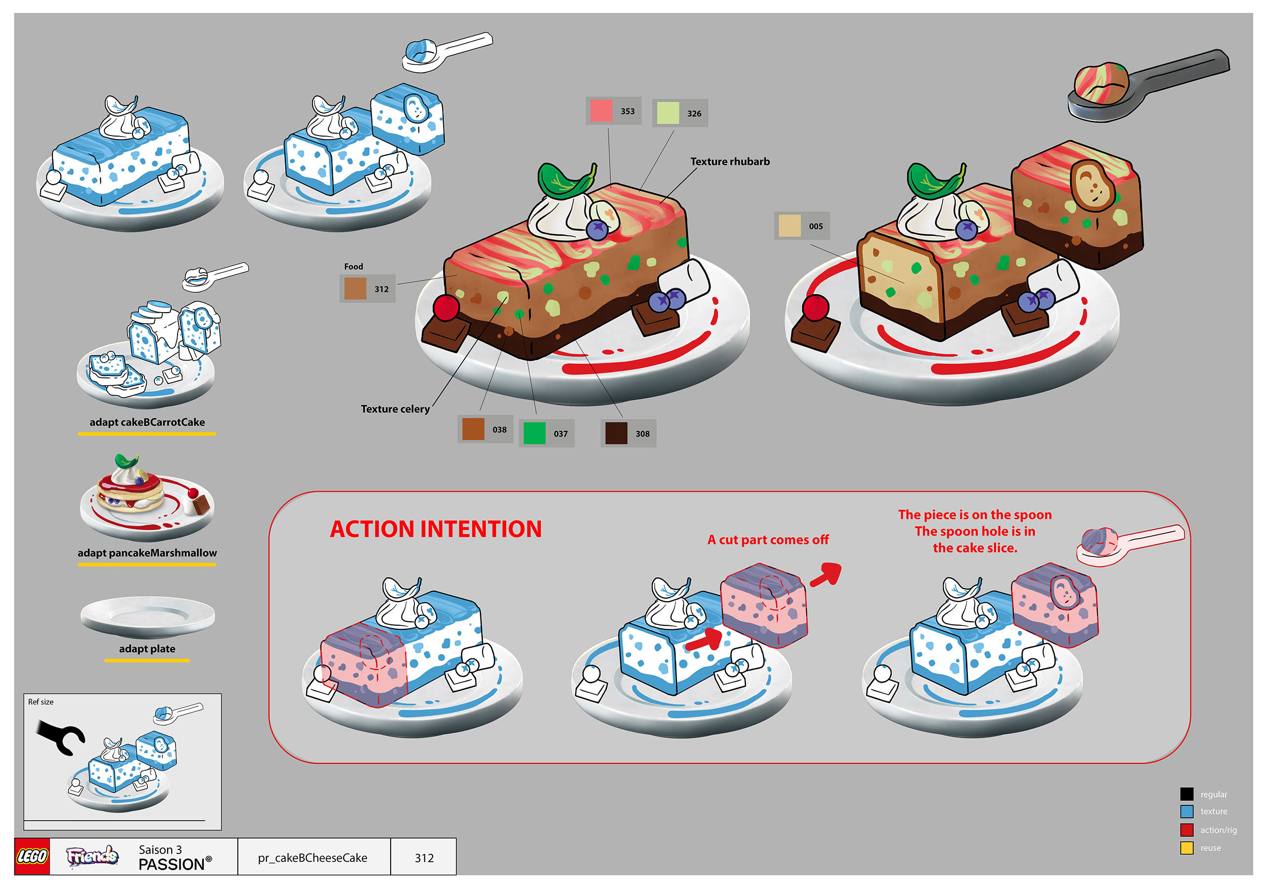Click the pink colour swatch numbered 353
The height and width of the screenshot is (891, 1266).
click(601, 110)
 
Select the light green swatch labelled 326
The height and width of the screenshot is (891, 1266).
click(668, 113)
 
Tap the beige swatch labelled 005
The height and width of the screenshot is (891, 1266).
click(789, 226)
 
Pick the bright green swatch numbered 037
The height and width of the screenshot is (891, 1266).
click(534, 433)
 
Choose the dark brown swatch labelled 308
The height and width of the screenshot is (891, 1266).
click(616, 433)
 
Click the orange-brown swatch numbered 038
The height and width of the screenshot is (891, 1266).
click(473, 428)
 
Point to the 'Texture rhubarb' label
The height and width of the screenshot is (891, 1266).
click(729, 162)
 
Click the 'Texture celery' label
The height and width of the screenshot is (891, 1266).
click(395, 409)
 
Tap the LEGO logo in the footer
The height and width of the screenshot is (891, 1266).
click(32, 856)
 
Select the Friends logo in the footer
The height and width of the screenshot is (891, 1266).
click(92, 856)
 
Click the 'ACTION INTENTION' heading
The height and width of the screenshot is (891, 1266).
click(436, 529)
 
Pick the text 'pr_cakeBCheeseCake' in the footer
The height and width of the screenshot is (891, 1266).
click(312, 857)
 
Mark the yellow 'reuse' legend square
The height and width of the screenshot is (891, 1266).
click(1186, 848)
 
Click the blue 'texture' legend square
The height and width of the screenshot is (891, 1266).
click(1186, 811)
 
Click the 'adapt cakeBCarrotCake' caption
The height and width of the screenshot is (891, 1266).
click(147, 422)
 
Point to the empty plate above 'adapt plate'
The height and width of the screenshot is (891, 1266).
click(147, 617)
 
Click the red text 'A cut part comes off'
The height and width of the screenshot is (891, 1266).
click(768, 540)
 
